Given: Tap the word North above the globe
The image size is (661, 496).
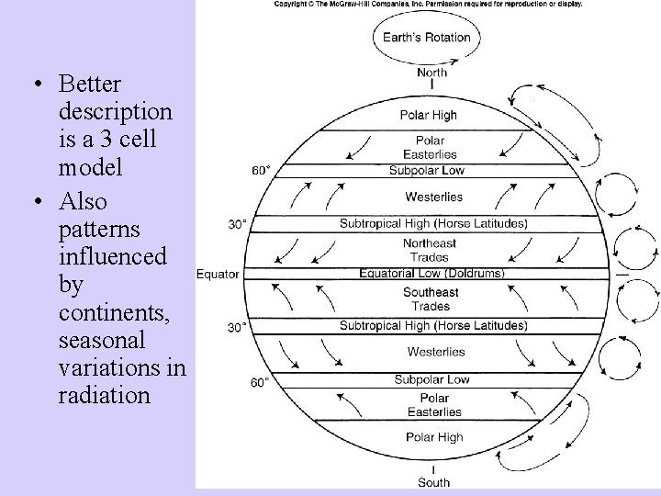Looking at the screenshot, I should (431, 73).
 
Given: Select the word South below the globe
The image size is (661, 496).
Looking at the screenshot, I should (433, 482).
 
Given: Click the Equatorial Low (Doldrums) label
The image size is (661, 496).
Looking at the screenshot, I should (431, 274).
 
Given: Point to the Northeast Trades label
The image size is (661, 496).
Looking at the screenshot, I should (431, 250).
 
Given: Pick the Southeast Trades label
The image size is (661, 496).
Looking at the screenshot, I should (431, 299).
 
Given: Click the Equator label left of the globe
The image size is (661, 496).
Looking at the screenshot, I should (218, 274).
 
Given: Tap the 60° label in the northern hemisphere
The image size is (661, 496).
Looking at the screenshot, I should (261, 170).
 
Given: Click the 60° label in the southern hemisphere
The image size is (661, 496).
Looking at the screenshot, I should (260, 382).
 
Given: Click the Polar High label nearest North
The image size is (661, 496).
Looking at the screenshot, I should (428, 115).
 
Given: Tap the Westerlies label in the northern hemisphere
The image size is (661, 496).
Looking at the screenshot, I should (433, 197).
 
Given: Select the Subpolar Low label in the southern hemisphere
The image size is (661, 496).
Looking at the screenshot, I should (431, 379).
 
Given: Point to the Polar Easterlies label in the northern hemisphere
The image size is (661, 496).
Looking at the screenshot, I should (431, 148).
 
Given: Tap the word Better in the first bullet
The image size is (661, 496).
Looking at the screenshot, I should (89, 85).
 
